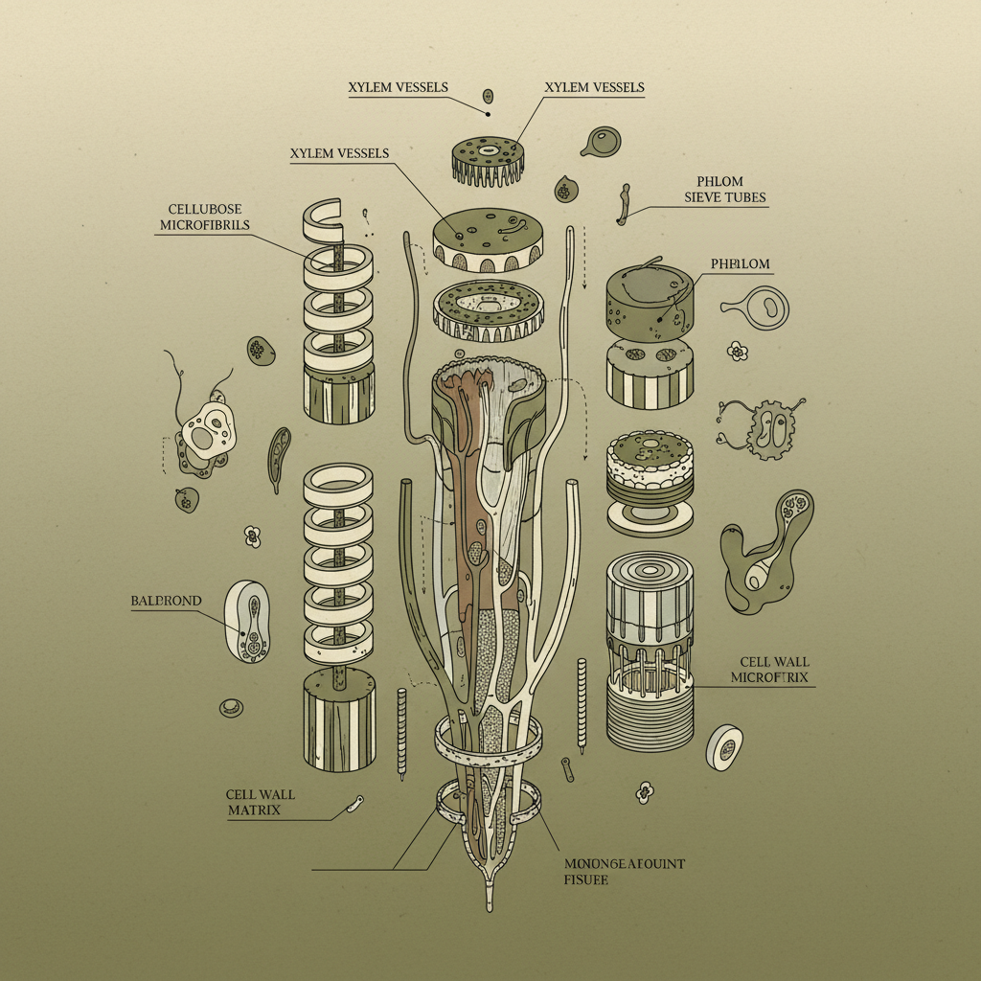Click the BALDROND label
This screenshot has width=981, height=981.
pos(166,601)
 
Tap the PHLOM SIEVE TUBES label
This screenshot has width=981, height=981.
pos(725,190)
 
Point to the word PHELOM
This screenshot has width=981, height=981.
pos(741,262)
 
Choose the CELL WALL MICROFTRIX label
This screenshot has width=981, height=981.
pos(770,670)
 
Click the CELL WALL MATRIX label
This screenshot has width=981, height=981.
pos(260,802)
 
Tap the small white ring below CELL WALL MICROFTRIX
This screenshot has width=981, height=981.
pos(724,746)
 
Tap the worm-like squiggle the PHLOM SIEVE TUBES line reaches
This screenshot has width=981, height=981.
pos(624,203)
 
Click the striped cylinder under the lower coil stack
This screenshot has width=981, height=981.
pos(339,719)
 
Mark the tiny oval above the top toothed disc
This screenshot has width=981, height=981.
pos(488,97)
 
